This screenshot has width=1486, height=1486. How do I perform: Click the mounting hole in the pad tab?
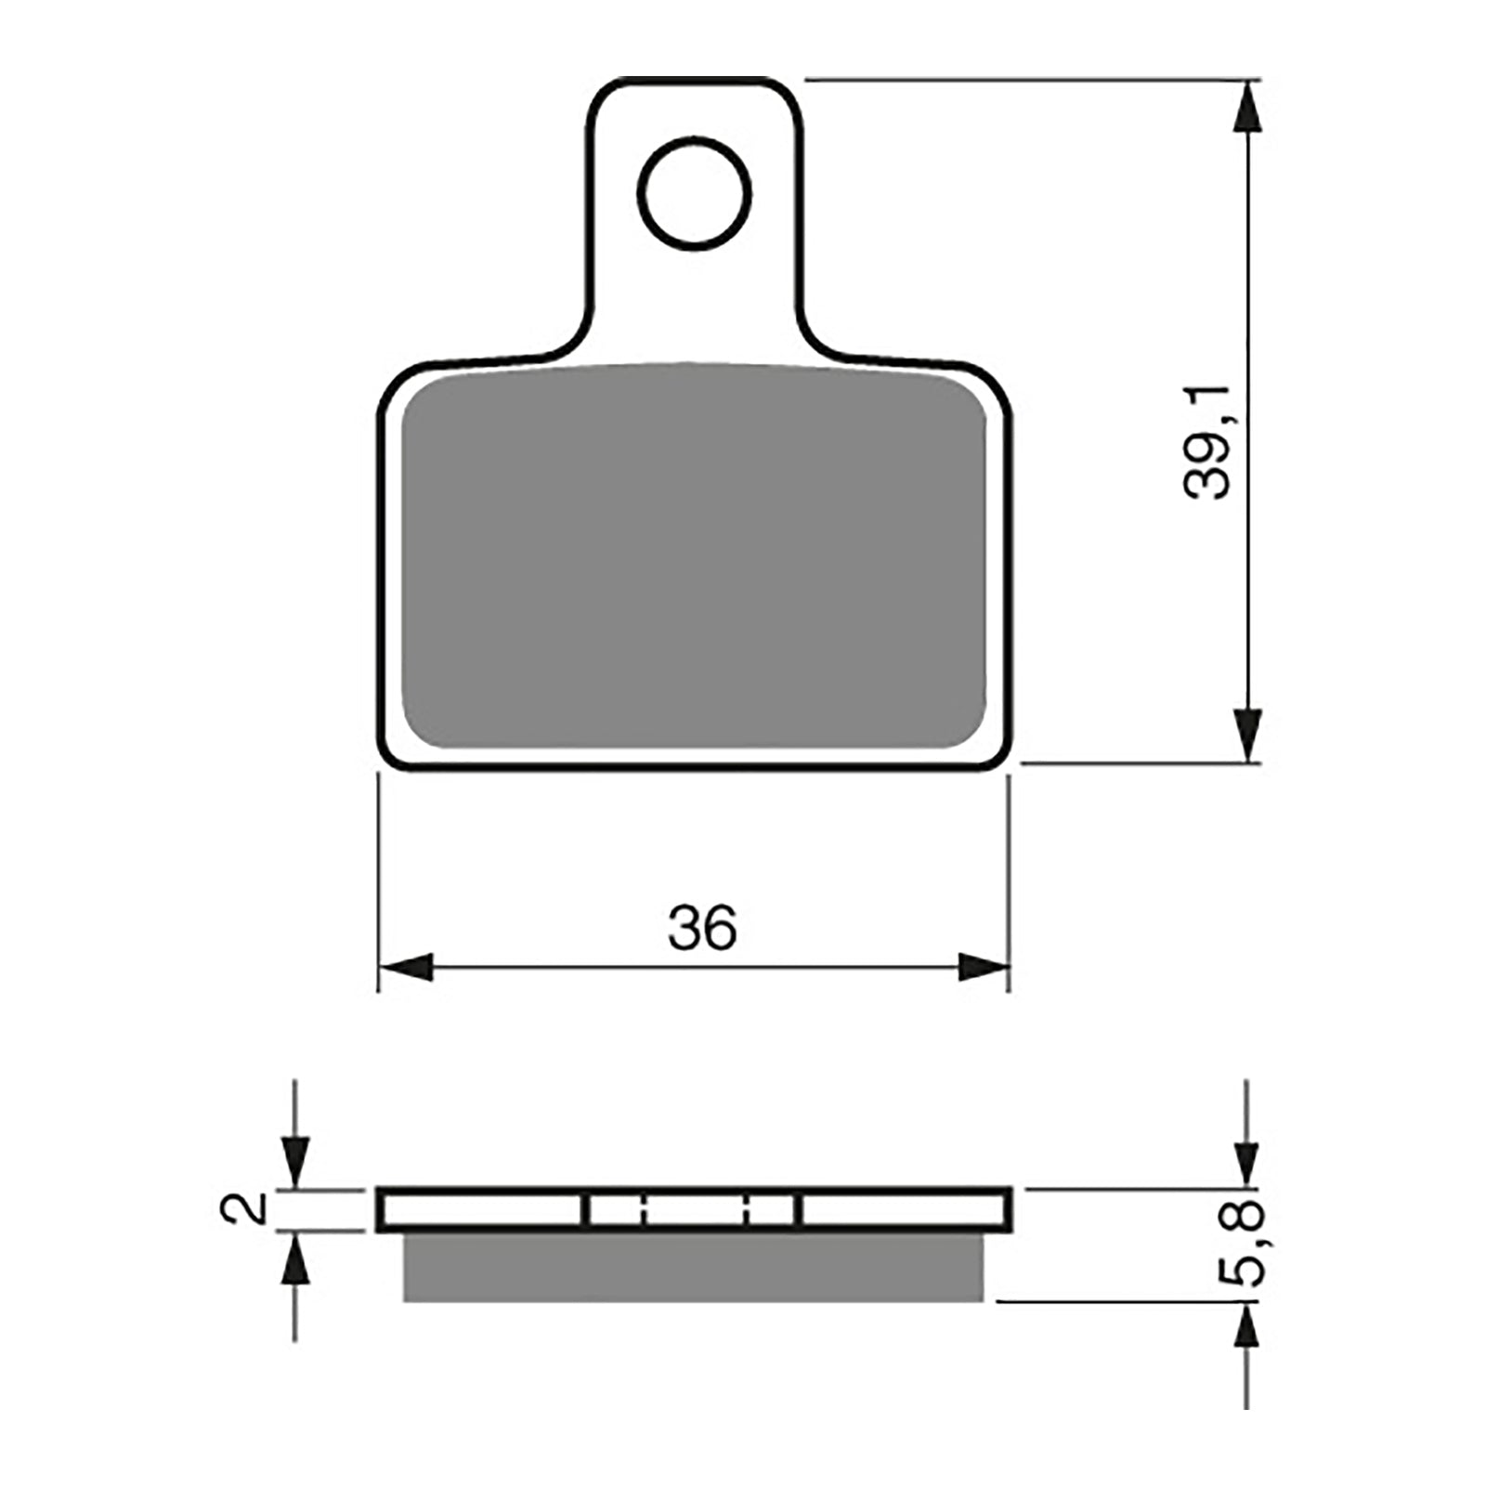694,193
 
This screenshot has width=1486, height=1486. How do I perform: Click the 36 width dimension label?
702,927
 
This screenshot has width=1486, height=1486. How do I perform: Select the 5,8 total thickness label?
1241,1243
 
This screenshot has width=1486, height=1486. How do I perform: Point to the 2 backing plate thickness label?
243,1208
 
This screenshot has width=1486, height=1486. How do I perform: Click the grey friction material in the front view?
693,557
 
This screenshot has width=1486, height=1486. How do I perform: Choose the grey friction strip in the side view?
693,1267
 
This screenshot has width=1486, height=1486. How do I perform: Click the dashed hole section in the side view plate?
692,1209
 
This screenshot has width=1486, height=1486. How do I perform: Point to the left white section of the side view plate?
483,1209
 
